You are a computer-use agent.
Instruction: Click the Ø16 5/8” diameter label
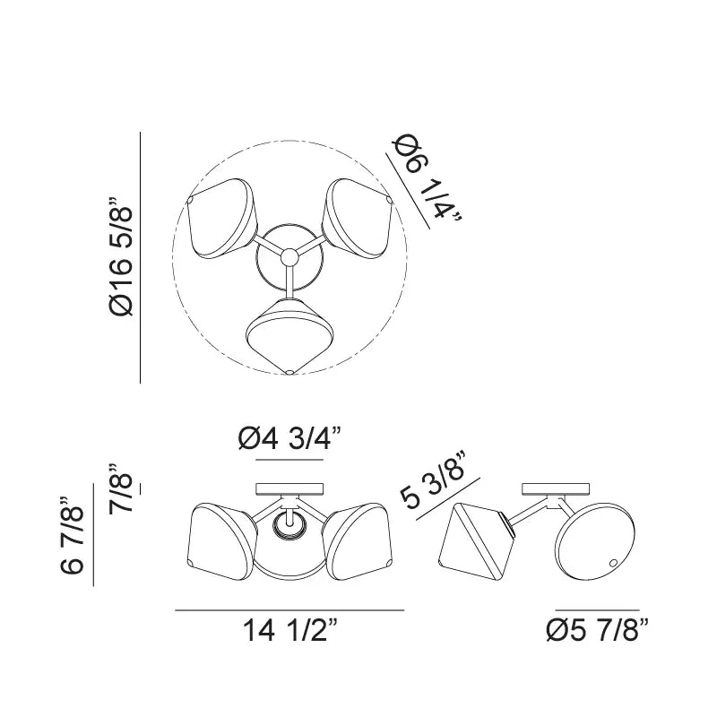[x=121, y=256]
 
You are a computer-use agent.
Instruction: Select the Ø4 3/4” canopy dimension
[x=289, y=439]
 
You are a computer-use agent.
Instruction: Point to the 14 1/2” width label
[x=289, y=630]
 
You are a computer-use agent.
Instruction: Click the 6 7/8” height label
[x=73, y=534]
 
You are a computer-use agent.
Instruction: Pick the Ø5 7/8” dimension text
[x=598, y=630]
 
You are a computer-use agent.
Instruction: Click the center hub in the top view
[x=289, y=256]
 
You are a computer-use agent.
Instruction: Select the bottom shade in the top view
[x=289, y=335]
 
